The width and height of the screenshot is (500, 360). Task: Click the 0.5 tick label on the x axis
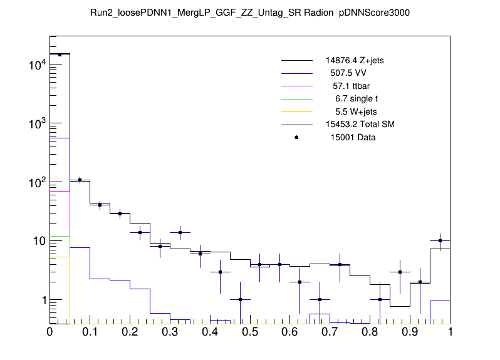250,333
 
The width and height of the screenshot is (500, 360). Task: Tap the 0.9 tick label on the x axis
410,333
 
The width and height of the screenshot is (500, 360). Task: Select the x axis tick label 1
450,333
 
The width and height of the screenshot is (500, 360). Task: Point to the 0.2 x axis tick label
130,333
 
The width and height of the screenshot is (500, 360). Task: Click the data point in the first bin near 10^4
60,55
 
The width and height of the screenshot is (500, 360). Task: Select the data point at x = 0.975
440,241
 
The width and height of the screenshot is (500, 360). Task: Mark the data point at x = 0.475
240,300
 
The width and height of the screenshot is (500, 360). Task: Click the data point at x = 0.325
180,232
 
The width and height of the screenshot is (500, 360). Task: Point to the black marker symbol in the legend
296,137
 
